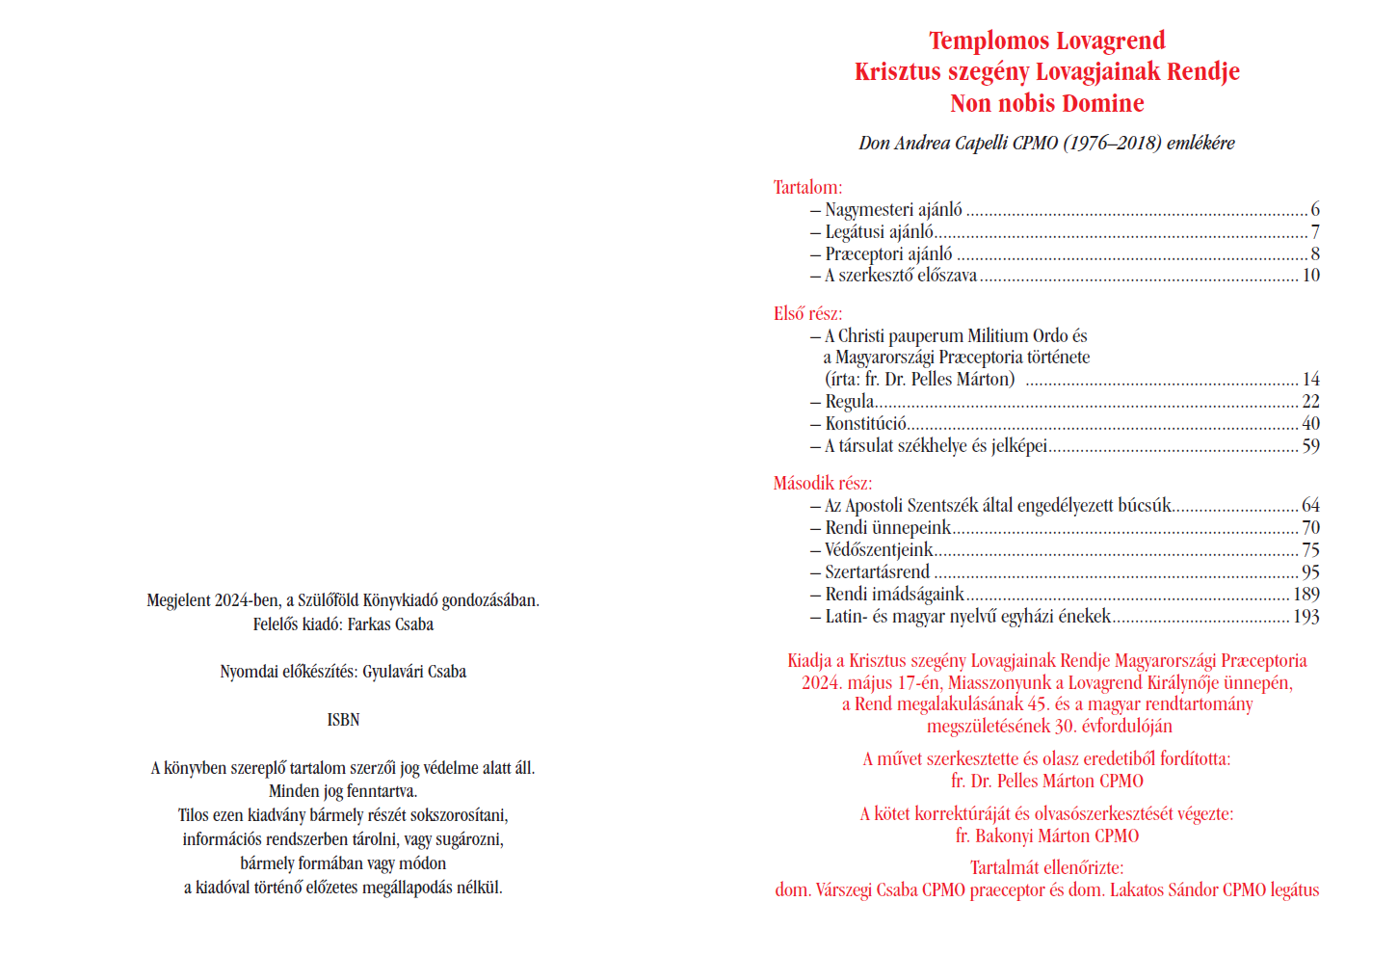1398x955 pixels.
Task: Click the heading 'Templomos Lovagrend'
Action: [1046, 40]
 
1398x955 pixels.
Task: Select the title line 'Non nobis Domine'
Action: [1046, 103]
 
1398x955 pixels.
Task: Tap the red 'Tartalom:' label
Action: [807, 187]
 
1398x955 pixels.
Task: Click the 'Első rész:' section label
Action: [807, 313]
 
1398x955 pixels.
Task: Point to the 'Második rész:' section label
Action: [822, 483]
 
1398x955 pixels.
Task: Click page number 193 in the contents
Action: [1306, 617]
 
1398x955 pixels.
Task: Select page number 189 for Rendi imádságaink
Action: [1306, 595]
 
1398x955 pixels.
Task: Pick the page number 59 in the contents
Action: [1310, 446]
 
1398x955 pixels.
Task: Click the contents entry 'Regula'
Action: [849, 402]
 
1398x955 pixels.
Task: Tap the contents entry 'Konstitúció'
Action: [865, 424]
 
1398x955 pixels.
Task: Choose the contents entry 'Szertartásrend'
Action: [877, 572]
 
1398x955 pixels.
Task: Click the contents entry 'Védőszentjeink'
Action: [878, 550]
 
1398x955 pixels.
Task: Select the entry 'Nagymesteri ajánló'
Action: [893, 210]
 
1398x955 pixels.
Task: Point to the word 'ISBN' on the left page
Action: [343, 720]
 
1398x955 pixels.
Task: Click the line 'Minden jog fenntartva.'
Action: [343, 791]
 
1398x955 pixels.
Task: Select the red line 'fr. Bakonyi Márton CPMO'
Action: [1046, 836]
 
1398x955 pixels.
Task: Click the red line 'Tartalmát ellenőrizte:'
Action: [1046, 867]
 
